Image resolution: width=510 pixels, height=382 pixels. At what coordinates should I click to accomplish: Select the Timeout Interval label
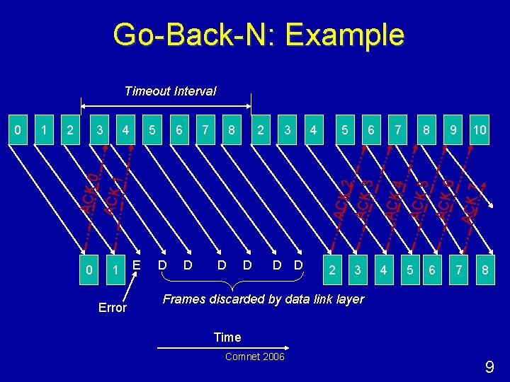click(170, 91)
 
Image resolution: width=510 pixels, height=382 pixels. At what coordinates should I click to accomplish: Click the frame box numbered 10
click(480, 129)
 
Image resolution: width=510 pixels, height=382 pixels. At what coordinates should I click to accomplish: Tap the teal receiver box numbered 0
click(88, 270)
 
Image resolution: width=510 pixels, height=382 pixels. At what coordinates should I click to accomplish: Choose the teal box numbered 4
click(385, 270)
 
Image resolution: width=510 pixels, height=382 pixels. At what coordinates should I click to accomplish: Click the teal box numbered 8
click(485, 270)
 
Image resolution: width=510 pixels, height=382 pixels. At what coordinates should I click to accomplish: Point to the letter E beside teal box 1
click(136, 265)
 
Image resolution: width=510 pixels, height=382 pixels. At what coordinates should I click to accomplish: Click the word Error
click(112, 308)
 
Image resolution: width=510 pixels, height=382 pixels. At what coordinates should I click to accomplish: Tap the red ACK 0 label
click(89, 192)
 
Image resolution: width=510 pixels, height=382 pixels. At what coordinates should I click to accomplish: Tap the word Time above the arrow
click(227, 337)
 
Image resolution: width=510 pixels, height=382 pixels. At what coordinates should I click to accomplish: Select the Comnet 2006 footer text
click(254, 357)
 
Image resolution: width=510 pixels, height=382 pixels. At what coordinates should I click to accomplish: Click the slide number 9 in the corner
click(489, 367)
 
